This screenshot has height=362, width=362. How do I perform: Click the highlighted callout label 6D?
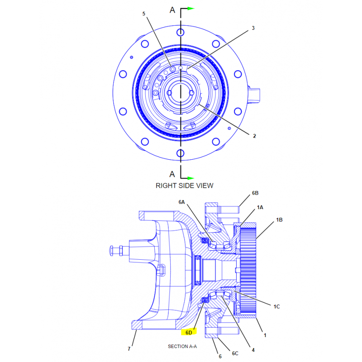coord(189,333)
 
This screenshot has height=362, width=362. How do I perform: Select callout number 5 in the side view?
coord(143,14)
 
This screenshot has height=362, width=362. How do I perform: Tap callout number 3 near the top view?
coord(253,28)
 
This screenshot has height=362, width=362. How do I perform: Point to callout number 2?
coord(254,136)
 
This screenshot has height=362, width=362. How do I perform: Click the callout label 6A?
coord(182,202)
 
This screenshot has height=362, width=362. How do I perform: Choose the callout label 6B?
coord(255,193)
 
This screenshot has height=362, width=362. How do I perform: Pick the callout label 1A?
coord(260,207)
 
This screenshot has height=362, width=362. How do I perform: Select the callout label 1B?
coord(279,220)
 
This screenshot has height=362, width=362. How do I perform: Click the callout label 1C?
coord(276,307)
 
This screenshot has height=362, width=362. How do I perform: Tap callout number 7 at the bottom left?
coord(129,349)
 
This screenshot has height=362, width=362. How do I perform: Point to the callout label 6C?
coord(235,353)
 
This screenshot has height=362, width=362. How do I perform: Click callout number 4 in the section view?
coord(253,350)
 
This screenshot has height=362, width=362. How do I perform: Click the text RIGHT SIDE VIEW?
coord(185,186)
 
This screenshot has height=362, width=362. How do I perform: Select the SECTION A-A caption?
coord(182,346)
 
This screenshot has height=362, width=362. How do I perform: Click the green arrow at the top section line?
coord(191,9)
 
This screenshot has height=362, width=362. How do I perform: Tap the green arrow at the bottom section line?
coord(191,178)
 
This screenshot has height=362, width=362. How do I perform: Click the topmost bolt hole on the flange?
coord(180,32)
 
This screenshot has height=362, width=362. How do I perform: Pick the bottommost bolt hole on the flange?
coord(180,153)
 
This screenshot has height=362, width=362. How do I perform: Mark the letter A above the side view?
coord(172,10)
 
